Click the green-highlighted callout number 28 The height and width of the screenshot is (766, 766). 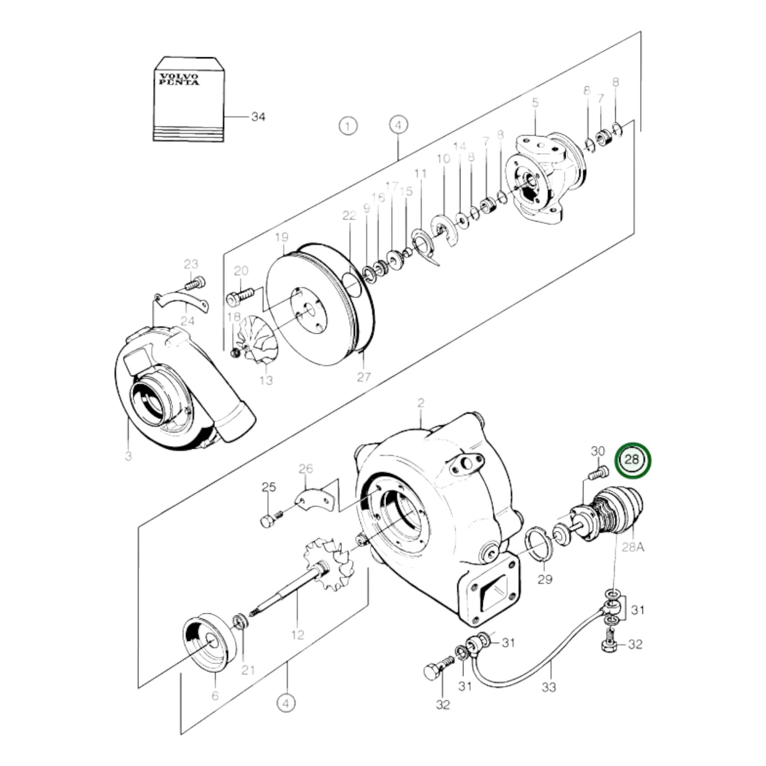(632, 459)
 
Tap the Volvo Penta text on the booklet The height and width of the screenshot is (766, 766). (180, 80)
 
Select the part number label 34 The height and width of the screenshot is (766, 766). (258, 117)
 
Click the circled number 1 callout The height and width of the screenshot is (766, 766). (348, 126)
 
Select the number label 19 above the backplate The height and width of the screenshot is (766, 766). (281, 236)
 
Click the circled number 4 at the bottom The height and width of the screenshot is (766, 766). (286, 703)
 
